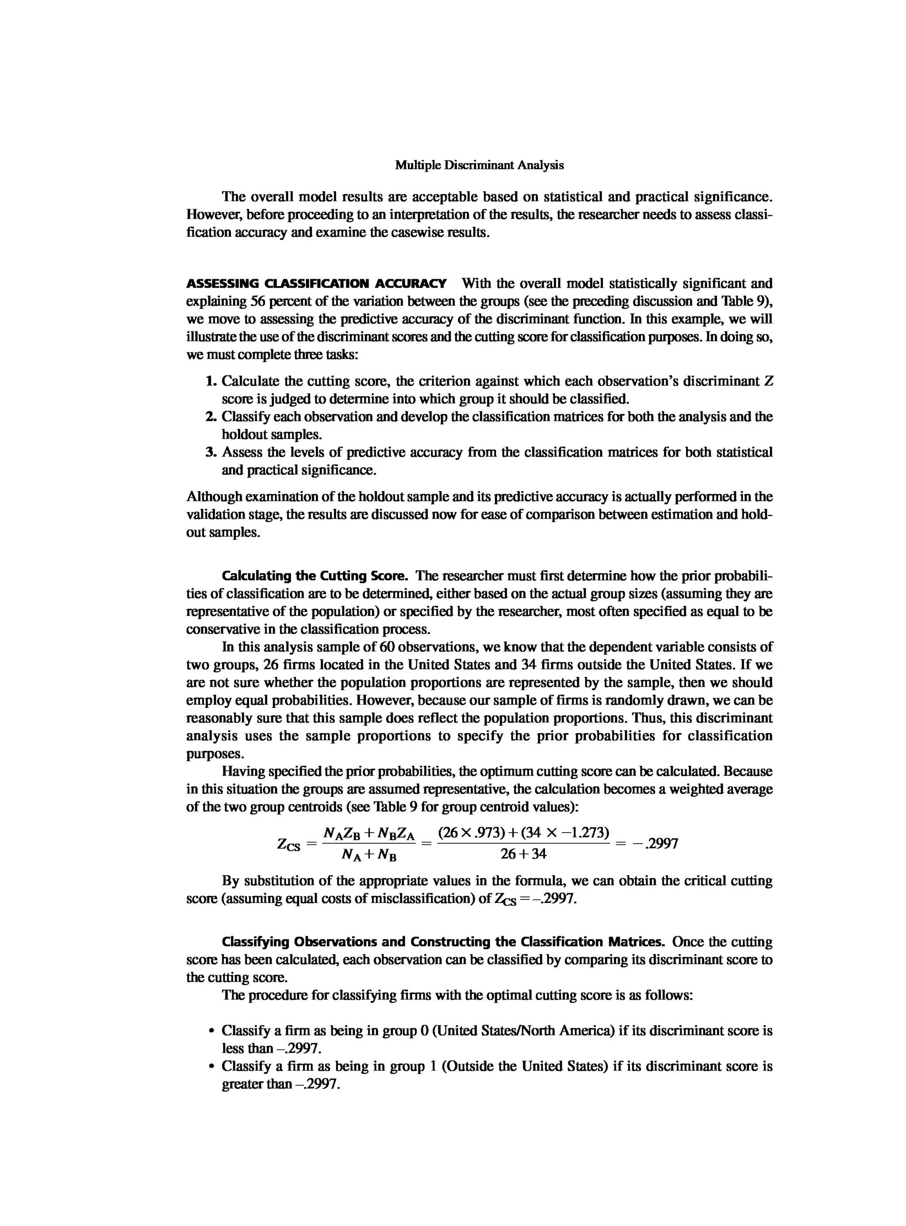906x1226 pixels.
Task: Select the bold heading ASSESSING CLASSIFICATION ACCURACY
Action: (x=316, y=284)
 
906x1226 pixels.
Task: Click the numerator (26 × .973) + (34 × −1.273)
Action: (x=523, y=833)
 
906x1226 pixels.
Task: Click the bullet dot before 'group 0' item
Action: (x=211, y=1031)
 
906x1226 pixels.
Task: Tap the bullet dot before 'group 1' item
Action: (x=211, y=1067)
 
